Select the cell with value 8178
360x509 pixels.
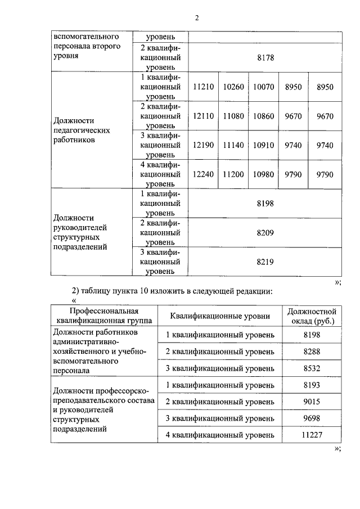264,57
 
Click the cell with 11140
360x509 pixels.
233,145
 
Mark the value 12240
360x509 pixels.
203,174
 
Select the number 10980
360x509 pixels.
263,174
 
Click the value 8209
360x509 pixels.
264,232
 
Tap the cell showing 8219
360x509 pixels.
264,262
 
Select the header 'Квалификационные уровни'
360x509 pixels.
220,316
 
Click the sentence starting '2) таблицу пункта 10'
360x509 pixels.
173,291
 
